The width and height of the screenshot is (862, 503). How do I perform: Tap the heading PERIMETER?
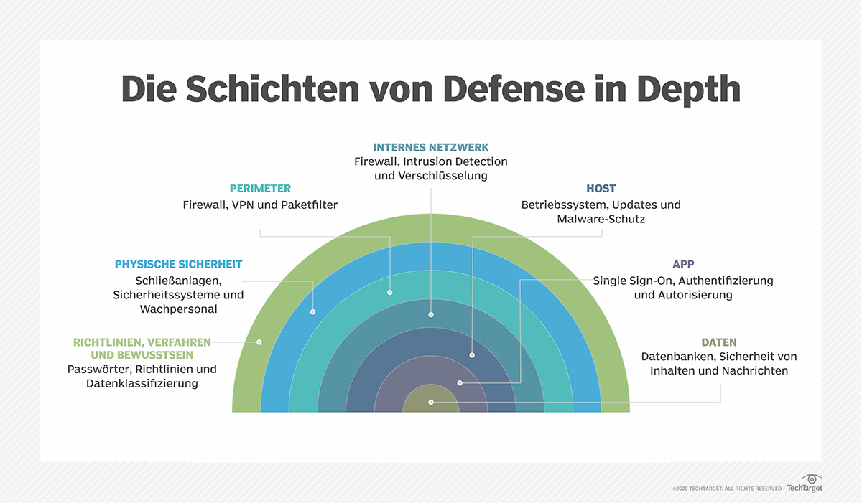pos(260,189)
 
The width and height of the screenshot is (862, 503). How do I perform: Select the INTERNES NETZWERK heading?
pos(430,147)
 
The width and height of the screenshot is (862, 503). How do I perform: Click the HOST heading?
pos(601,189)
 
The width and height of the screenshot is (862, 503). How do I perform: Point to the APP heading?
pos(683,265)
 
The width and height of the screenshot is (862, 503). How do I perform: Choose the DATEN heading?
pos(719,342)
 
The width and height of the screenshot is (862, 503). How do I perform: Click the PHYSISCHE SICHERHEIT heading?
pos(178,264)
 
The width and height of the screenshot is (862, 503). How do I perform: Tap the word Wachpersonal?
pos(178,309)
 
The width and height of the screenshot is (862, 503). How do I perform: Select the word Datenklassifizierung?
pos(142,384)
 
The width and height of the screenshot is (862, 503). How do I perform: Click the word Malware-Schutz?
pos(601,220)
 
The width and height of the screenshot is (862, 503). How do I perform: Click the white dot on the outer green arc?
pos(259,342)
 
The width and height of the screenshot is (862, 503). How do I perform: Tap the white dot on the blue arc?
pos(313,312)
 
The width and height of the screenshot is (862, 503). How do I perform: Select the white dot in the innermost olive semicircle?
pos(430,403)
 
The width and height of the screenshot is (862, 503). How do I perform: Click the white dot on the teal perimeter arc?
pos(389,292)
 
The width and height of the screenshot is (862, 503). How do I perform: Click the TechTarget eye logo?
pos(812,479)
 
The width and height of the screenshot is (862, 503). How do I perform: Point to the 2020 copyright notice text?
pos(726,489)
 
